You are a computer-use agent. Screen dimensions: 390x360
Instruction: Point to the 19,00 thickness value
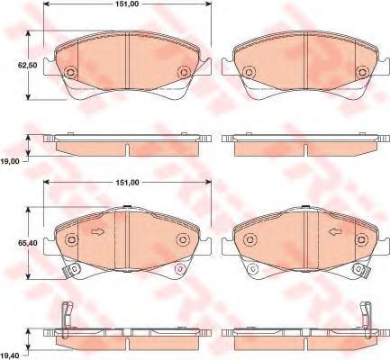coord(11,161)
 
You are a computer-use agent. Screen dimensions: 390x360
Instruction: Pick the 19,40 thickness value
coord(11,356)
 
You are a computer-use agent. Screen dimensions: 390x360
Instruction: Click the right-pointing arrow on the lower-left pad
coord(97,231)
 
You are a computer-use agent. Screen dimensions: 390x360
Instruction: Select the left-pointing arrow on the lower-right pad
coord(335,231)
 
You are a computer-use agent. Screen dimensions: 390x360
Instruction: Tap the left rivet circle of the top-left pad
coord(71,72)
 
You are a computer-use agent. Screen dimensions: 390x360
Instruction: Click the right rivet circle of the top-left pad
coord(184,72)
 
